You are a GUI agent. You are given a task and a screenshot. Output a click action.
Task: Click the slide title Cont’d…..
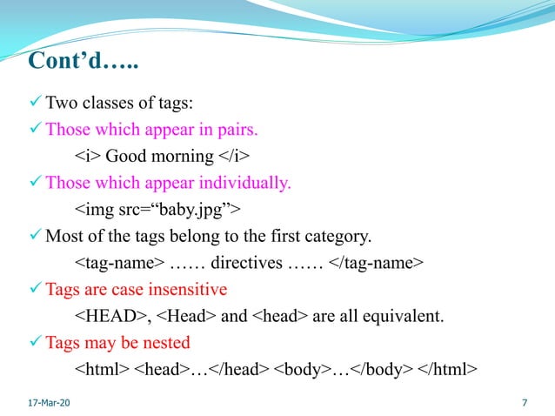pyautogui.click(x=84, y=63)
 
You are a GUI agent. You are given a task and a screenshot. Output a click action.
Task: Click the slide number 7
pyautogui.click(x=524, y=403)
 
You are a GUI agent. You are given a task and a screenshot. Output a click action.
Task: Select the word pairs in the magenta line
pyautogui.click(x=234, y=131)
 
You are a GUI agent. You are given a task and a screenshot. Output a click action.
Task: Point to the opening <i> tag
pyautogui.click(x=88, y=157)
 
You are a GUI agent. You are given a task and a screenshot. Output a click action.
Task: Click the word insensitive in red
pyautogui.click(x=188, y=288)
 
